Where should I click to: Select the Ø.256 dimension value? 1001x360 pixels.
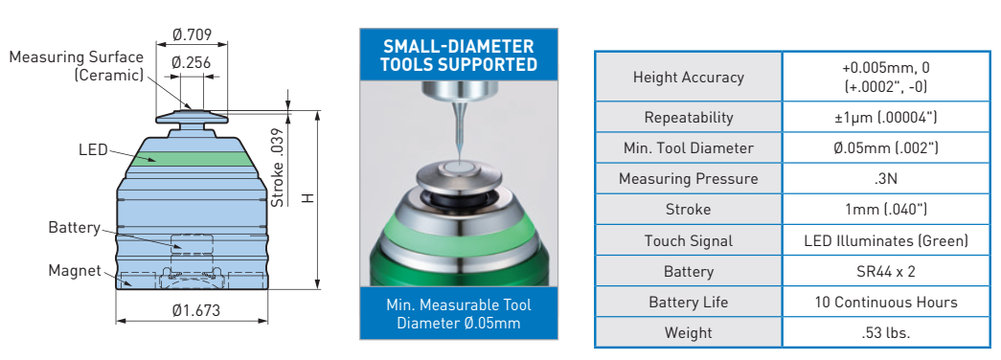192,62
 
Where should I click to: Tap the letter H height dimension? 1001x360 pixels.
309,198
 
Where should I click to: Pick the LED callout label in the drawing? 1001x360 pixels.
93,150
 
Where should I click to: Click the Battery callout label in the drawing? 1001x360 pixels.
74,228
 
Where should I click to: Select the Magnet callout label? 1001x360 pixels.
75,271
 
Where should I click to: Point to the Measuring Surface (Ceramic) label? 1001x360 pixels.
77,66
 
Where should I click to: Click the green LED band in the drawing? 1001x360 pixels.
191,159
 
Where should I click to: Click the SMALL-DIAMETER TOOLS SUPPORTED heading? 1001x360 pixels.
459,55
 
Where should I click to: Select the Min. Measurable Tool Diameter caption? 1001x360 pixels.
459,313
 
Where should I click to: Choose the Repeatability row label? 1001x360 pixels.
688,118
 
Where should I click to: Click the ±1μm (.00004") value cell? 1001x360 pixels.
885,118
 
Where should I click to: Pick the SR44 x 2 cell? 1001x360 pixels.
886,271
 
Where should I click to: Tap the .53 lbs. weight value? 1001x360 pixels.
885,332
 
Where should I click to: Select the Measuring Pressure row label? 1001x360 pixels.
688,179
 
